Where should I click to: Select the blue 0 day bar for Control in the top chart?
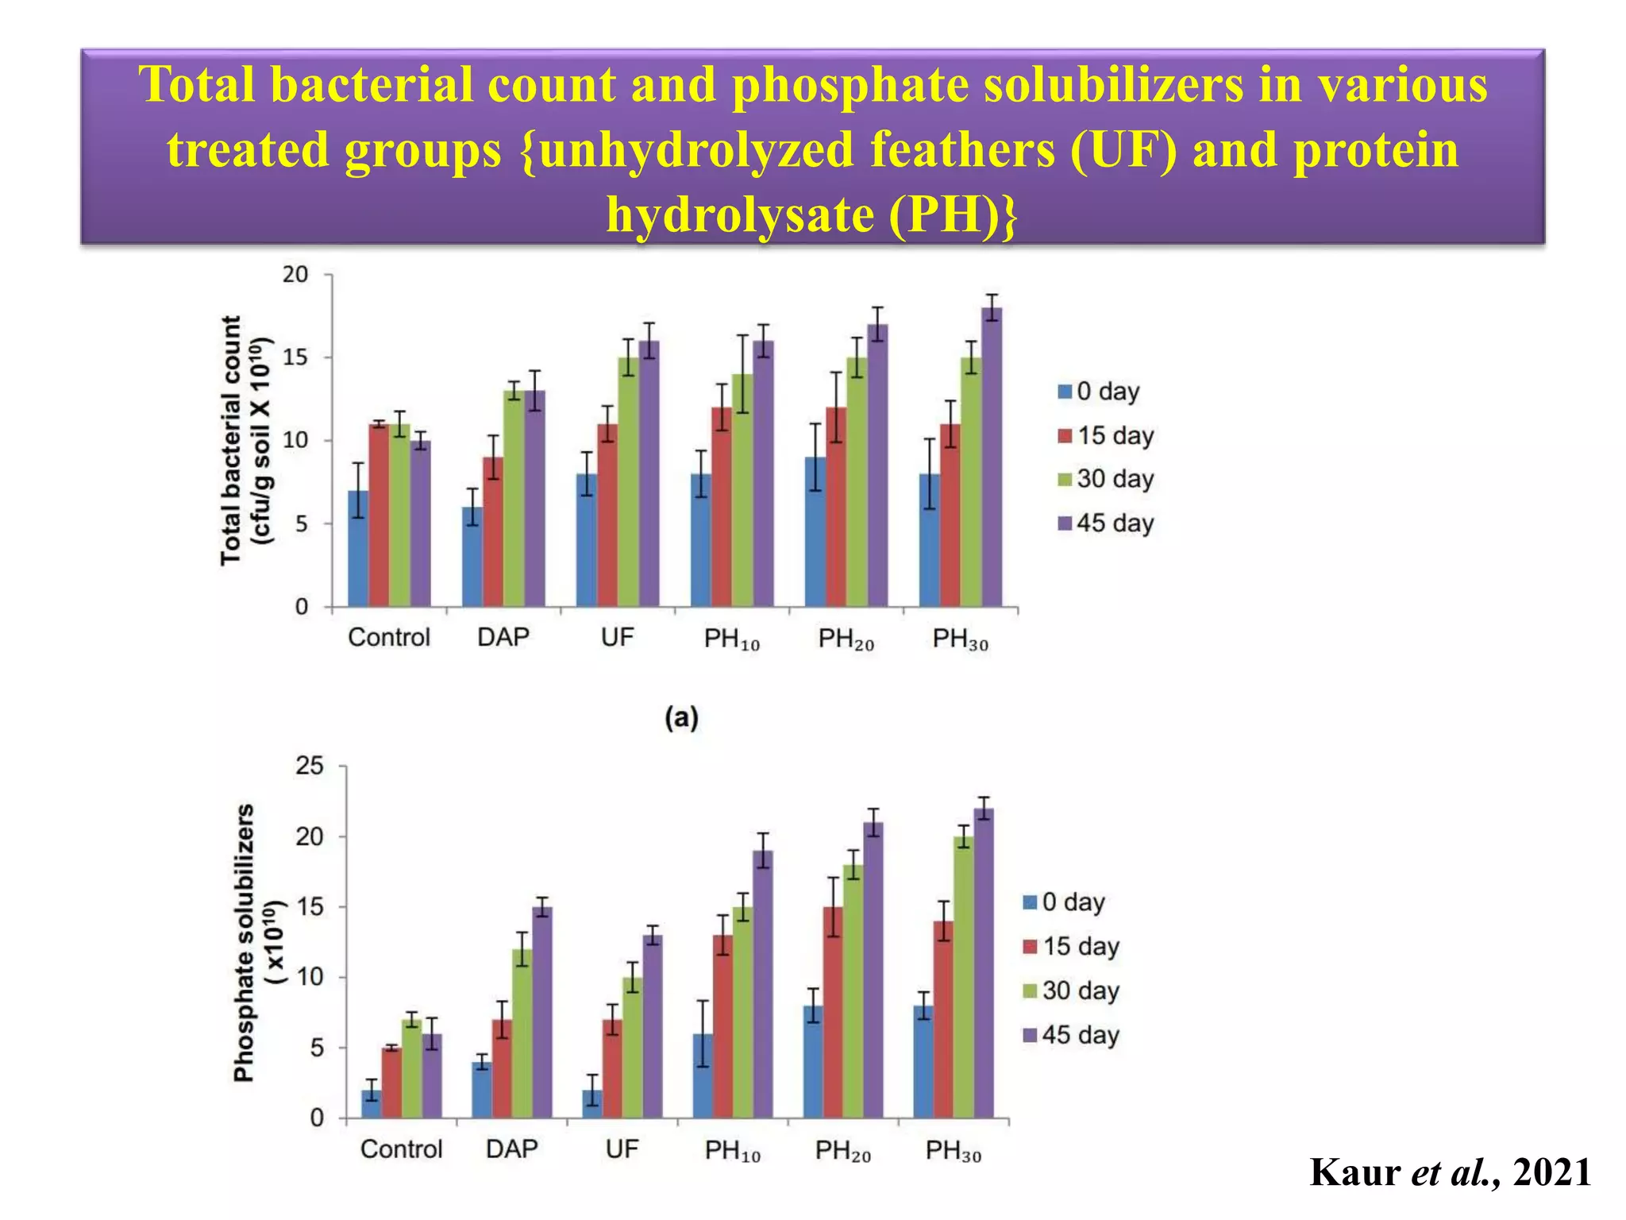[x=358, y=548]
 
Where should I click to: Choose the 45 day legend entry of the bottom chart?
[x=1071, y=1035]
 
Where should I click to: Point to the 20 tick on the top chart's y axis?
[x=295, y=275]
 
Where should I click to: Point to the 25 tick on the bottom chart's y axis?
[x=310, y=766]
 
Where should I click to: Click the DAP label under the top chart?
[x=503, y=637]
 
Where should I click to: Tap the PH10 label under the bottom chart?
[x=732, y=1150]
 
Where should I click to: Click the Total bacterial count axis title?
[x=231, y=440]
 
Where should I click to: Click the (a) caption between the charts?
[x=681, y=718]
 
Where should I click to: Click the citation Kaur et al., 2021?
[x=1450, y=1172]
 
